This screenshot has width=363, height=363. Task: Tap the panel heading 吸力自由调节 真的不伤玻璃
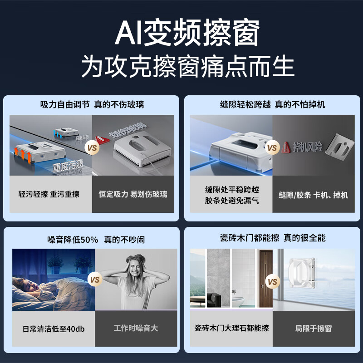pyautogui.click(x=92, y=104)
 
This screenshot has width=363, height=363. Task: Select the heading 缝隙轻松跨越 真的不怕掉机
pyautogui.click(x=272, y=104)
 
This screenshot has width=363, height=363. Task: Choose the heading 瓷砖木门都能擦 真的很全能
pyautogui.click(x=272, y=238)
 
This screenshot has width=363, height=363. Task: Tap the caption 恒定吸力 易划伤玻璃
pyautogui.click(x=133, y=194)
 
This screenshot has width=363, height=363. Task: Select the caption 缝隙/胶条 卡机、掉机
pyautogui.click(x=314, y=195)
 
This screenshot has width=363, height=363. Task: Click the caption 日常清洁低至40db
pyautogui.click(x=54, y=329)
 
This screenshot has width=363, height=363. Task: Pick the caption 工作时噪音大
pyautogui.click(x=136, y=328)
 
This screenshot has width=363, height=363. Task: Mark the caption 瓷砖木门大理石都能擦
pyautogui.click(x=231, y=328)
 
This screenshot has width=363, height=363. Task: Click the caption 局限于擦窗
pyautogui.click(x=314, y=328)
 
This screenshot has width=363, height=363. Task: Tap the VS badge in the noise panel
pyautogui.click(x=94, y=280)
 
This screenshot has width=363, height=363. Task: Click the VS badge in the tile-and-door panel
pyautogui.click(x=272, y=282)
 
